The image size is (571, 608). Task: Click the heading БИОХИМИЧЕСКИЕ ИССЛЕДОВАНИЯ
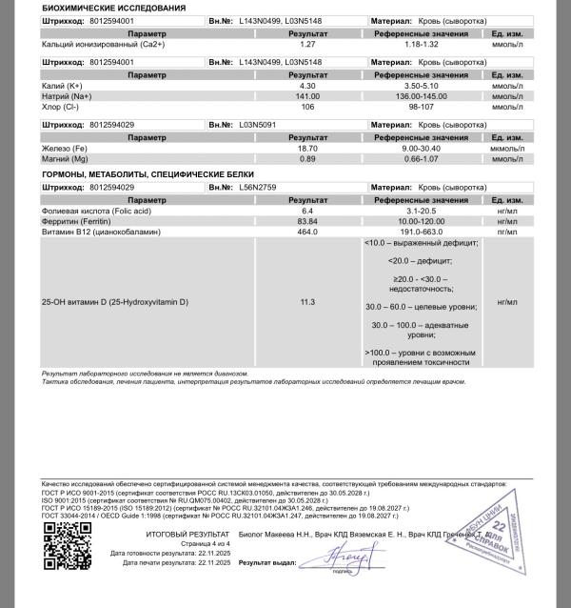point(101,8)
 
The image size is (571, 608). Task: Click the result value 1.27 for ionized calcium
point(307,44)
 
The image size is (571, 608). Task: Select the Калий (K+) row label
point(61,85)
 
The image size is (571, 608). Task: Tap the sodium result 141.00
point(307,96)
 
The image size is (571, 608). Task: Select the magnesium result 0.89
point(307,159)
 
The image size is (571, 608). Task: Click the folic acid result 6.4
point(307,211)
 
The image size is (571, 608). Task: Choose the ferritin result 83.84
point(307,221)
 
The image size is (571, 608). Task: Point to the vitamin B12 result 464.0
point(307,232)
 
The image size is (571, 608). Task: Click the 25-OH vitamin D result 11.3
point(307,301)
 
